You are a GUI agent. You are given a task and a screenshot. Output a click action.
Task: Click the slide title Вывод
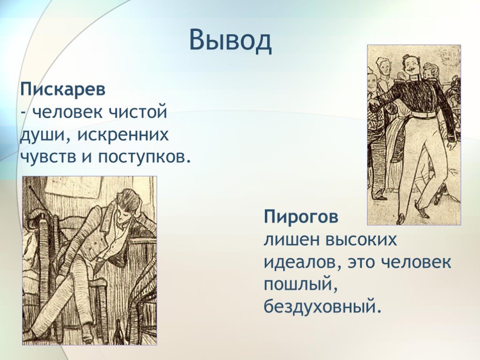230,40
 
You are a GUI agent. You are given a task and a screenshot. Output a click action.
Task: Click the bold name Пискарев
63,90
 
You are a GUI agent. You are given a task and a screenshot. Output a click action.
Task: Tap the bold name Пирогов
301,217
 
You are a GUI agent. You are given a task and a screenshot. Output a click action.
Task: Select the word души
42,135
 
